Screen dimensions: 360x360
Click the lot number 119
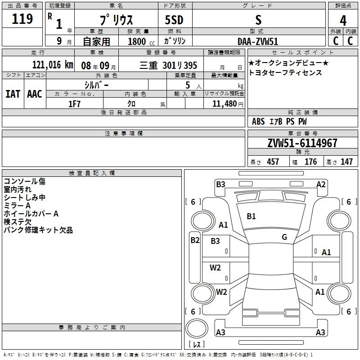(x=22, y=19)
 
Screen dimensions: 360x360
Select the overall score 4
(x=343, y=21)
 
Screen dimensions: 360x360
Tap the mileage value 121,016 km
(x=53, y=65)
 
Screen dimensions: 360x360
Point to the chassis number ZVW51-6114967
(x=302, y=143)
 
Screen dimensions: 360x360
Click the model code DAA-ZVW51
(x=258, y=41)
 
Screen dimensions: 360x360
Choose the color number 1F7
(x=74, y=104)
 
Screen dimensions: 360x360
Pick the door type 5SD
(x=174, y=20)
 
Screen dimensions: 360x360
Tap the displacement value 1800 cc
(x=141, y=42)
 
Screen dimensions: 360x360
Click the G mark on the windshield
(x=284, y=237)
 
